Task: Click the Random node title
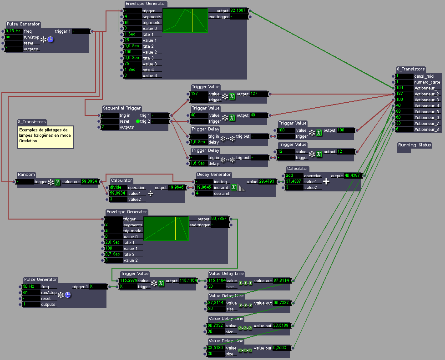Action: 26,175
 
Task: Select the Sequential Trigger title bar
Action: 121,108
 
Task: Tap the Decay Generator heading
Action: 214,175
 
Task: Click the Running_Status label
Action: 415,145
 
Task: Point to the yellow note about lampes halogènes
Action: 45,135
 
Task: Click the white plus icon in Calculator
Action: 326,181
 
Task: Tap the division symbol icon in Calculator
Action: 150,193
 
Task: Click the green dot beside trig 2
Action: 138,121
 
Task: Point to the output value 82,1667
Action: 239,10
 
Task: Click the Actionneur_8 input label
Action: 426,130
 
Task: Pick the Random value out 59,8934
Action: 90,182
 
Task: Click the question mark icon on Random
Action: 57,182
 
